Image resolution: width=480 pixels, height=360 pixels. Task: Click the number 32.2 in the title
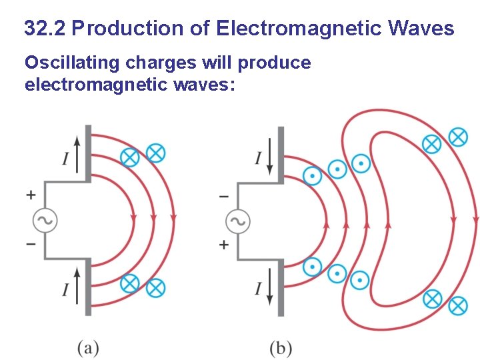click(x=45, y=29)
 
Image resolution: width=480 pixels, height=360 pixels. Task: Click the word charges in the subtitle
click(x=147, y=63)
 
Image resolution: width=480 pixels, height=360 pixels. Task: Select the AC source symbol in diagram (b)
click(x=237, y=221)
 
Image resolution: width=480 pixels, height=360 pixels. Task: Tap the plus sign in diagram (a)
click(x=31, y=195)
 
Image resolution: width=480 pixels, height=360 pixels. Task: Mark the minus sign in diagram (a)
click(x=31, y=244)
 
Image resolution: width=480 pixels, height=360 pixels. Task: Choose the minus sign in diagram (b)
click(x=223, y=197)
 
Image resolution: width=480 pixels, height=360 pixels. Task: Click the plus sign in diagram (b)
click(x=223, y=245)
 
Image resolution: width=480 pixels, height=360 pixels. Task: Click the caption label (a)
click(x=88, y=347)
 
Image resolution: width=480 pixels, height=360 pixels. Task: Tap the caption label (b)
click(x=281, y=347)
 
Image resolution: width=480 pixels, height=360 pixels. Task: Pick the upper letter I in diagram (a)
click(x=65, y=159)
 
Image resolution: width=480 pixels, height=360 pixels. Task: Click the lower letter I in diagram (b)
click(x=257, y=289)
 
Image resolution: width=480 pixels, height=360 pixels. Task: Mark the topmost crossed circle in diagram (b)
click(x=457, y=137)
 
